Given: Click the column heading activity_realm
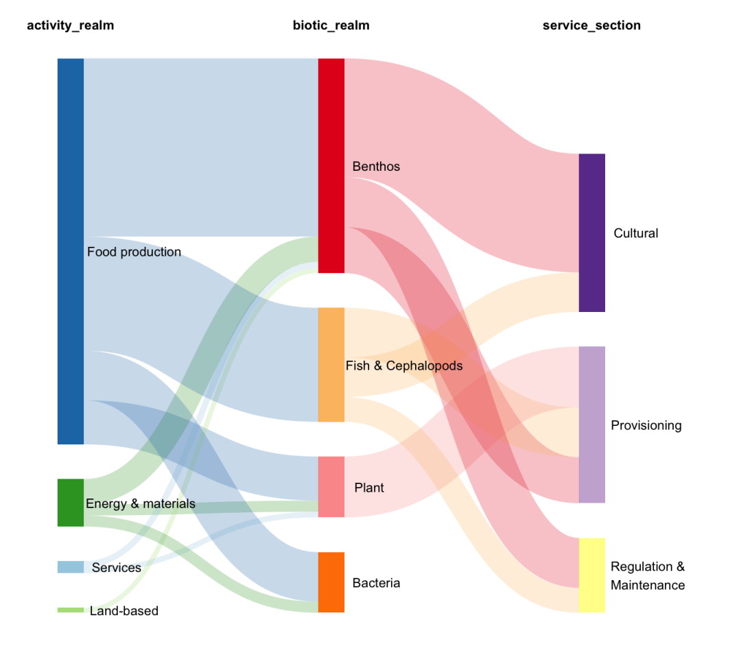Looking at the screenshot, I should click(x=70, y=26).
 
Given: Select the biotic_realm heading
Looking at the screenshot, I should click(x=331, y=26).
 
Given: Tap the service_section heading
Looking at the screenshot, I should click(x=591, y=26).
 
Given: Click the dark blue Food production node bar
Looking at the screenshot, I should click(x=70, y=251).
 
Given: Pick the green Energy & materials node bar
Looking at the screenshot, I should click(x=70, y=503).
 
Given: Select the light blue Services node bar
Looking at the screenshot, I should click(x=70, y=567).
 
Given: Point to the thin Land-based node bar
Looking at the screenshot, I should click(x=70, y=610).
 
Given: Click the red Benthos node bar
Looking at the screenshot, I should click(x=331, y=165).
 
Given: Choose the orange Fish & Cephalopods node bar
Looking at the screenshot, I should click(x=331, y=365).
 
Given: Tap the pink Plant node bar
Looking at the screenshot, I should click(x=331, y=487).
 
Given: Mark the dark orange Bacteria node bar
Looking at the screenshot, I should click(x=331, y=582).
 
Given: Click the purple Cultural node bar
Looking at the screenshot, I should click(x=591, y=232).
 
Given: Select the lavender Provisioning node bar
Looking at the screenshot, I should click(x=591, y=424).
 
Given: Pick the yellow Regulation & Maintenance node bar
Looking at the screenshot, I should click(x=591, y=575).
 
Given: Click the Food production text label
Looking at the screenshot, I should click(x=134, y=252).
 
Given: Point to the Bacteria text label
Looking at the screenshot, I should click(x=376, y=583).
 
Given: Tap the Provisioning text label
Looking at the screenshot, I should click(x=646, y=425).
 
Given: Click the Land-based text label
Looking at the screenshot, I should click(x=123, y=611).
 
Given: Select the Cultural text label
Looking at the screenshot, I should click(x=635, y=233).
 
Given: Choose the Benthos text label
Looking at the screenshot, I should click(x=376, y=167).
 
